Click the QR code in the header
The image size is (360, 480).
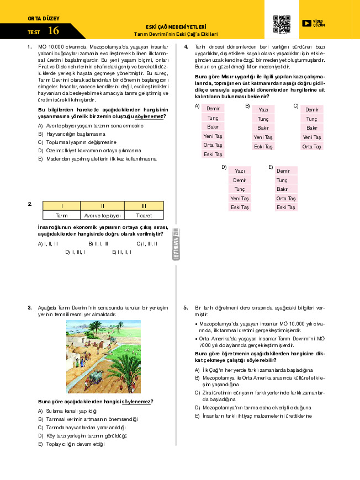point(282,25)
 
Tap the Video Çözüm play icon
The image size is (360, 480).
point(307,23)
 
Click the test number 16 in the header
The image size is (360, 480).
point(54,31)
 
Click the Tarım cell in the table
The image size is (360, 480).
point(62,215)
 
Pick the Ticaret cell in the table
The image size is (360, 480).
point(144,215)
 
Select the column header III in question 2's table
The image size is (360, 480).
point(144,206)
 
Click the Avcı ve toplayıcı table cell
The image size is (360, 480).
point(103,215)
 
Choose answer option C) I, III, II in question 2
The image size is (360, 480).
point(147,243)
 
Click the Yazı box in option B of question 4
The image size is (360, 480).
point(263,110)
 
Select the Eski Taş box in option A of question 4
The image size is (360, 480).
point(213,154)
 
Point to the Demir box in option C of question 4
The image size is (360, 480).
point(312,110)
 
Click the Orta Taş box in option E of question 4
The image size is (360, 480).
point(286,198)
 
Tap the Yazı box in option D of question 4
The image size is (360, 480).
point(240,171)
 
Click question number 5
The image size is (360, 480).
point(186,307)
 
